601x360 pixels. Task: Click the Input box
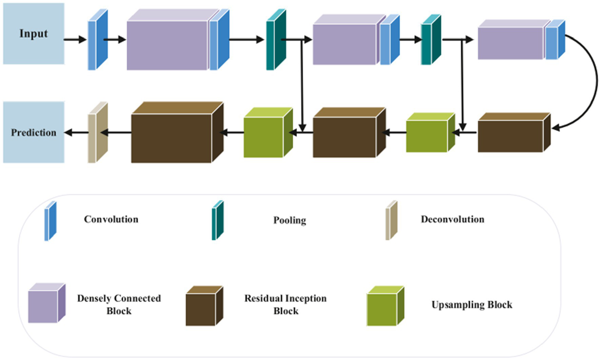pyautogui.click(x=34, y=34)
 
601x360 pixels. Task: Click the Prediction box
pyautogui.click(x=34, y=132)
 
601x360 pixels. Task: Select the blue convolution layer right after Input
pyautogui.click(x=97, y=40)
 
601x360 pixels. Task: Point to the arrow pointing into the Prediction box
pyautogui.click(x=76, y=133)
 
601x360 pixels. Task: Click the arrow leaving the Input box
pyautogui.click(x=74, y=39)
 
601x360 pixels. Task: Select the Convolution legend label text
pyautogui.click(x=111, y=219)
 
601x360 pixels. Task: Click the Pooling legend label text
pyautogui.click(x=290, y=220)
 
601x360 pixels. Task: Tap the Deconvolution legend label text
pyautogui.click(x=452, y=219)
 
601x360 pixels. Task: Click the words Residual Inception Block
pyautogui.click(x=285, y=304)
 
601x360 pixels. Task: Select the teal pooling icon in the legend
pyautogui.click(x=217, y=220)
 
